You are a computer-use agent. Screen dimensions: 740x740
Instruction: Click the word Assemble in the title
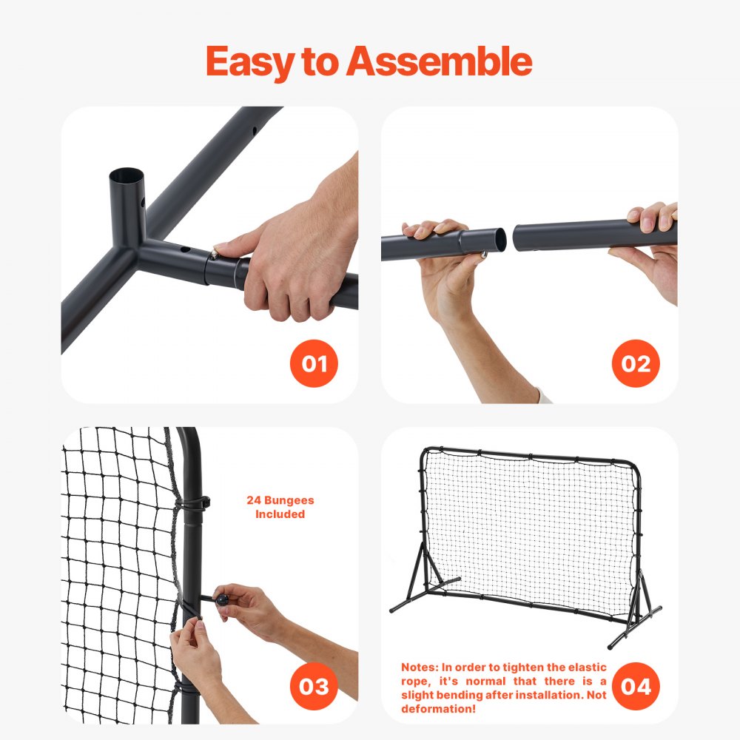coord(440,62)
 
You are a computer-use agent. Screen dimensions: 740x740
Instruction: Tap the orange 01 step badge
coord(314,363)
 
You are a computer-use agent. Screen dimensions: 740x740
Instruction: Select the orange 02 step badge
coord(636,363)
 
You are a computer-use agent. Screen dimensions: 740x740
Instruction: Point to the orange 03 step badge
coord(314,686)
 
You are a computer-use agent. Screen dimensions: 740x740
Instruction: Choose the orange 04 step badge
coord(636,686)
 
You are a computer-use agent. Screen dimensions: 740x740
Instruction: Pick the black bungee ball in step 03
coord(221,598)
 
